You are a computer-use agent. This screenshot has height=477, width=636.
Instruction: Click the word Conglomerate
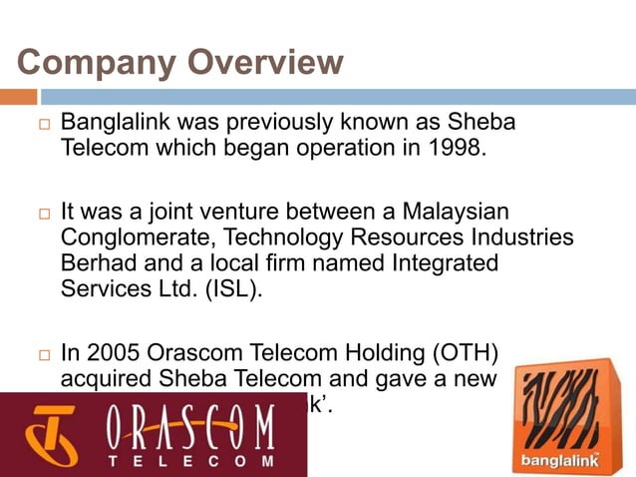138,238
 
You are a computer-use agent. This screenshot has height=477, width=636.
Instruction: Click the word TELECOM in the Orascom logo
189,461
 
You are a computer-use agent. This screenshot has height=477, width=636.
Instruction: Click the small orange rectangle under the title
18,97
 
